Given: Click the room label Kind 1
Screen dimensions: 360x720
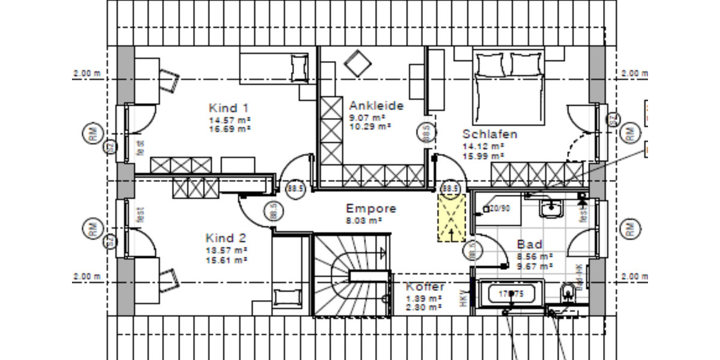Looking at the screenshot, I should (x=228, y=108).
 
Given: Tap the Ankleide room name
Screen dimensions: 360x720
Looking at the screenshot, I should (x=376, y=106).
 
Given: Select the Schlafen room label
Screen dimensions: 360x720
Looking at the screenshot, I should (x=489, y=134).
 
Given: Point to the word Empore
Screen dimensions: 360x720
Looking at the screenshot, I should (x=371, y=209).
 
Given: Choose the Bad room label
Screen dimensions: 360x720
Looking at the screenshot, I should (x=529, y=244).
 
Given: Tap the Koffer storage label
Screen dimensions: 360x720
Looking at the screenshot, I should (x=425, y=286).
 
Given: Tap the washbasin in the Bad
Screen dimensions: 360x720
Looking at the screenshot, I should (x=550, y=208).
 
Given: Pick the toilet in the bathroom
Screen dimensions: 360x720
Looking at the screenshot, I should (x=568, y=294).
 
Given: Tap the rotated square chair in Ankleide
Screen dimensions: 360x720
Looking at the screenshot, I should (x=358, y=62).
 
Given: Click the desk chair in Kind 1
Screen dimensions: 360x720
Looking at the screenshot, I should (x=170, y=79).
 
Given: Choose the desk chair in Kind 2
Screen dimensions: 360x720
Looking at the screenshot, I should (x=170, y=278).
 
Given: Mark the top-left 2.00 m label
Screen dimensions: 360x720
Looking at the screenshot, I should (x=86, y=73).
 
